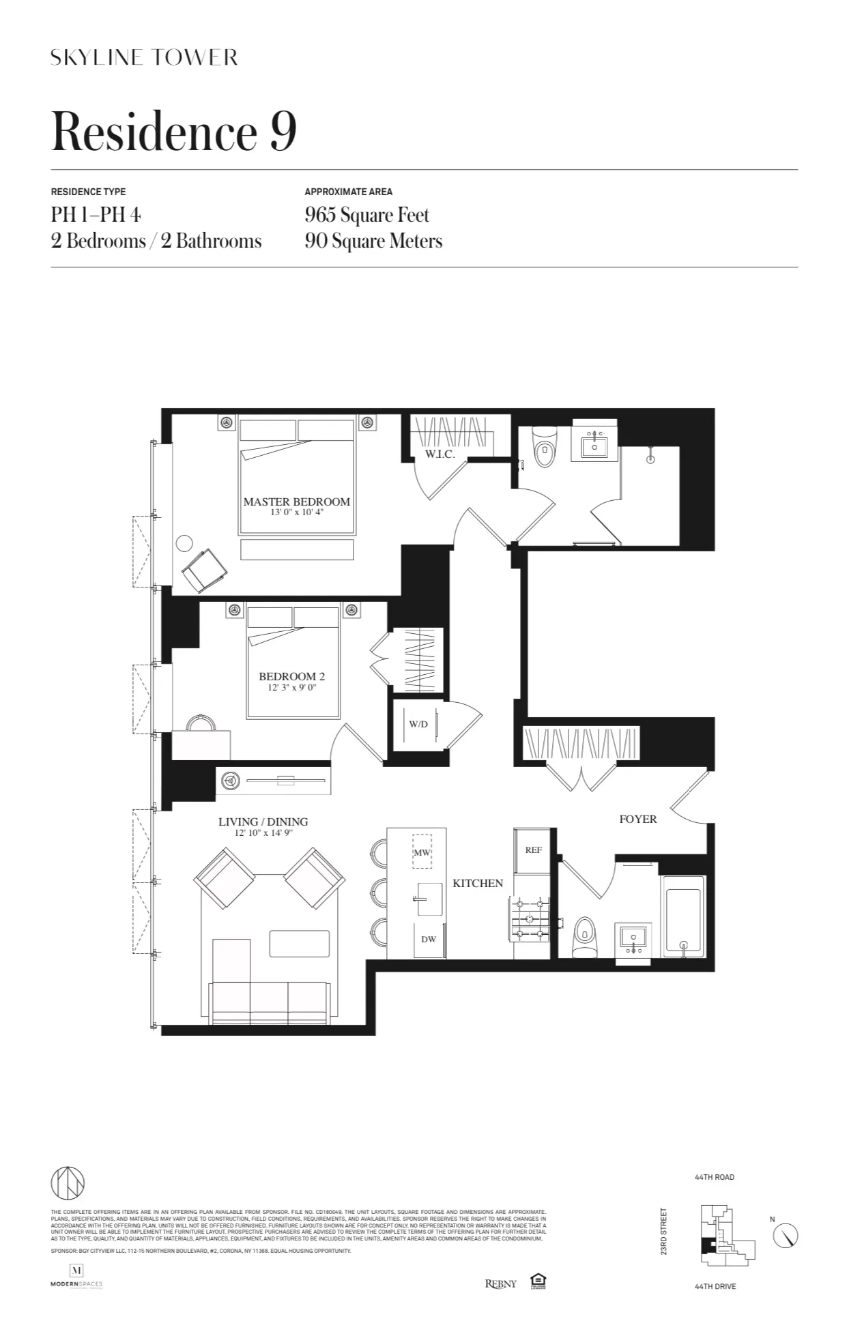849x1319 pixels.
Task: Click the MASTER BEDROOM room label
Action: [296, 502]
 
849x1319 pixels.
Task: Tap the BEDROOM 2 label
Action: [291, 676]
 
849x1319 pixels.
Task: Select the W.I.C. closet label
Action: [440, 454]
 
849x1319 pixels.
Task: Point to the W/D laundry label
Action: [418, 724]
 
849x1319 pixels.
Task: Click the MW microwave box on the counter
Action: [422, 852]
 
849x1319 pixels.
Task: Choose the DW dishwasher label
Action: [428, 939]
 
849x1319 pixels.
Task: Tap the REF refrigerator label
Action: [533, 850]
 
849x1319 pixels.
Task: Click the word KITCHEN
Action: [478, 883]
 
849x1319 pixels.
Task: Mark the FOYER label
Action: [637, 819]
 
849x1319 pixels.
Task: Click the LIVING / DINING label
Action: [263, 822]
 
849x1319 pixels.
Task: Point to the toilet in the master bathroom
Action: [544, 448]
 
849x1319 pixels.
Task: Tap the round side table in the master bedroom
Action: [184, 543]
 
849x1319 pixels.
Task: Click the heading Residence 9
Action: [174, 131]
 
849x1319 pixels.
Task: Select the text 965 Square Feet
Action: [366, 215]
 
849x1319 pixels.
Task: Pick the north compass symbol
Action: [786, 1235]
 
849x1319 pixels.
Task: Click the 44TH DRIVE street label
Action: [715, 1286]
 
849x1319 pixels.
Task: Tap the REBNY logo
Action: [500, 1284]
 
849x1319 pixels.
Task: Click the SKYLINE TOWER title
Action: [144, 57]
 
